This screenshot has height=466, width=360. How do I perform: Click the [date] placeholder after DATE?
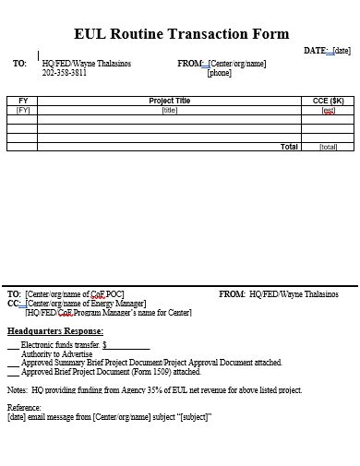click(342, 51)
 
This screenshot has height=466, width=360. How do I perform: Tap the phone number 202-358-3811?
click(65, 73)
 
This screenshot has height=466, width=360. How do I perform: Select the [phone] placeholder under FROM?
click(220, 73)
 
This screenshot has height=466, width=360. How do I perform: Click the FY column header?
click(23, 100)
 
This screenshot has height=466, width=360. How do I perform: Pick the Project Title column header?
click(170, 100)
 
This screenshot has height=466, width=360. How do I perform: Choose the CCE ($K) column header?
click(329, 100)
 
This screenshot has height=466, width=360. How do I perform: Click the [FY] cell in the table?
click(23, 110)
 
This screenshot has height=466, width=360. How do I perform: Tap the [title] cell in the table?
click(170, 110)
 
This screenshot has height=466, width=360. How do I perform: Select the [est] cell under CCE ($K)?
click(329, 110)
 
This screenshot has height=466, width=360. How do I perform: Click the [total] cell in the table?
click(329, 146)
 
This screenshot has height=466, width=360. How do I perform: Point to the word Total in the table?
click(289, 146)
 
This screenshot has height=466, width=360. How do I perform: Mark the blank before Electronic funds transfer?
click(12, 345)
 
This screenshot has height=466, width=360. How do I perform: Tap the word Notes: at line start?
click(18, 390)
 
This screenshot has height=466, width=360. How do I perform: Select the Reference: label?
click(24, 407)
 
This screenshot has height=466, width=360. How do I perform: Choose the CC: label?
click(14, 303)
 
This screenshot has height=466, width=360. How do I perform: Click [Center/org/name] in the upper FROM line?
click(237, 64)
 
